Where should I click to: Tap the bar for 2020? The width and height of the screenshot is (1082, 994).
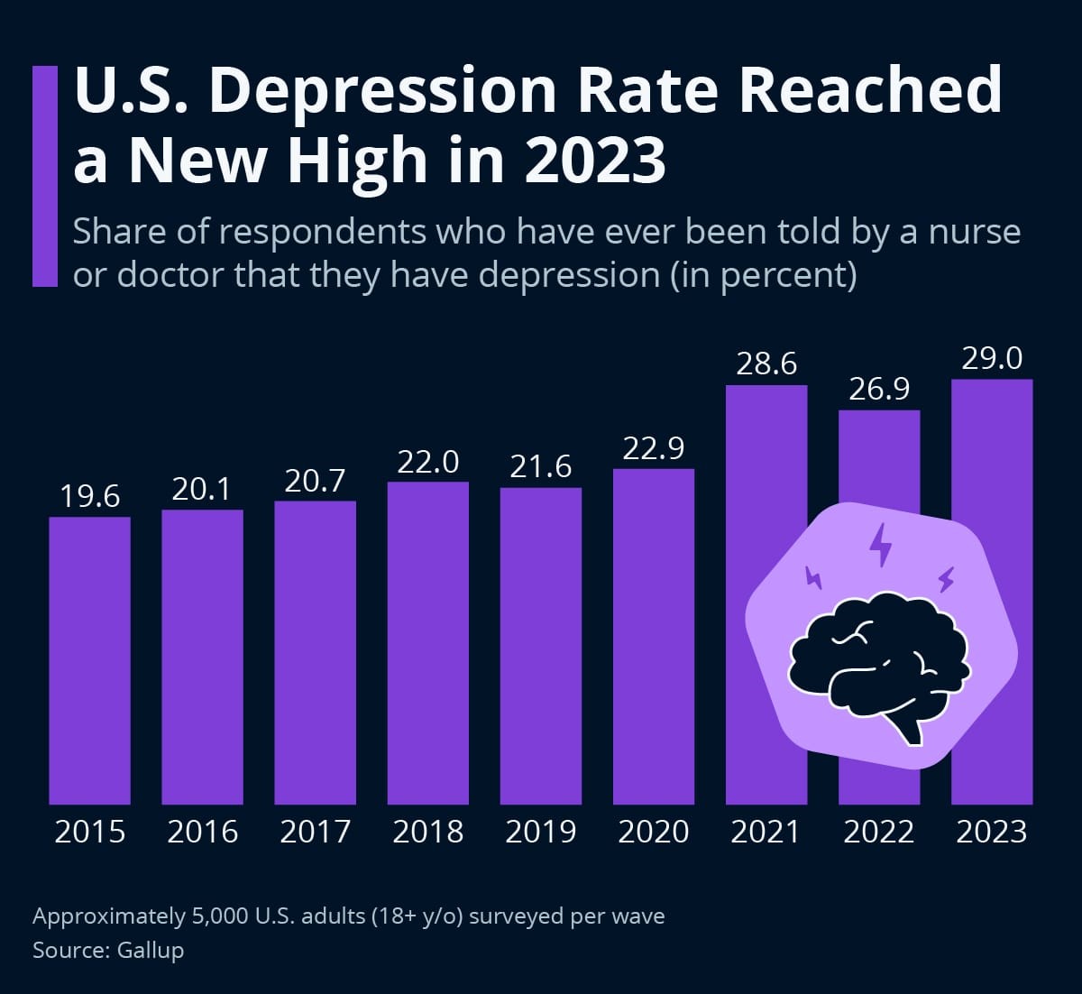(x=654, y=636)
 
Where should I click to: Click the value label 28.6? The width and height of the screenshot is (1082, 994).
(x=766, y=364)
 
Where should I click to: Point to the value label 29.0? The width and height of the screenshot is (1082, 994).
(x=992, y=358)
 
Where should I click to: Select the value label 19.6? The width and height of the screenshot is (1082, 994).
(x=89, y=496)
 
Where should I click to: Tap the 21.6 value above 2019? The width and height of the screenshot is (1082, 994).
(x=541, y=466)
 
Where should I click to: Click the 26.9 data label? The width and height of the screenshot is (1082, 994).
(x=879, y=389)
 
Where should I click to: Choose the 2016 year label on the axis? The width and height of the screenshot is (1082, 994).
(x=203, y=831)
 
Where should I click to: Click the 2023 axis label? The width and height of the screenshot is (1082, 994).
(x=992, y=831)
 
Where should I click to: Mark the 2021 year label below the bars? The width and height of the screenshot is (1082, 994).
(x=766, y=831)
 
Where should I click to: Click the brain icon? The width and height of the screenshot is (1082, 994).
(x=879, y=663)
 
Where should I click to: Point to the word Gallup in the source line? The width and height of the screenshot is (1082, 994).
(x=151, y=950)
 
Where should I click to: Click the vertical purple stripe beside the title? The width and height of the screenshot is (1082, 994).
(x=45, y=176)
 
